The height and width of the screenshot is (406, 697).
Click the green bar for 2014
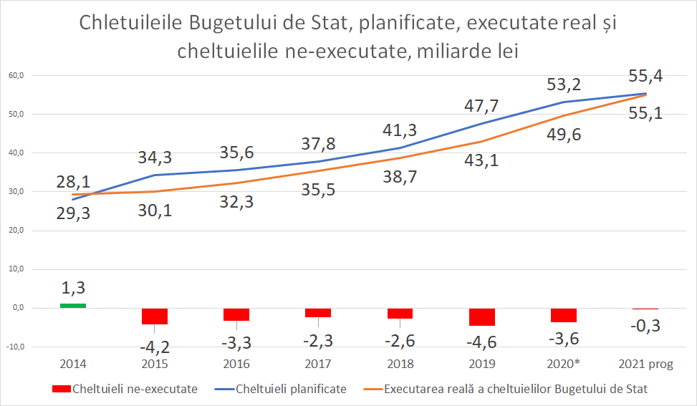pyautogui.click(x=73, y=306)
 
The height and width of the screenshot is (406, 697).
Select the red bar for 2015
pyautogui.click(x=155, y=316)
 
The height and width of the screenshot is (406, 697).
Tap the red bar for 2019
pyautogui.click(x=482, y=316)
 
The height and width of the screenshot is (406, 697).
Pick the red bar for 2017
pyautogui.click(x=318, y=312)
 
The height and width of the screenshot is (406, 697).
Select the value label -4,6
pyautogui.click(x=482, y=342)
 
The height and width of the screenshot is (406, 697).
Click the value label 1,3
pyautogui.click(x=73, y=288)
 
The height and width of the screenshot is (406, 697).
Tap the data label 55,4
pyautogui.click(x=645, y=76)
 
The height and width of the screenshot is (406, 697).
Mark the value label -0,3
pyautogui.click(x=645, y=327)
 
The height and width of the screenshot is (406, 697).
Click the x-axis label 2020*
pyautogui.click(x=564, y=364)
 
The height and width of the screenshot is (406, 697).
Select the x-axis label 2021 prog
pyautogui.click(x=645, y=364)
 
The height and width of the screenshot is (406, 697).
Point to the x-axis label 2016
pyautogui.click(x=236, y=364)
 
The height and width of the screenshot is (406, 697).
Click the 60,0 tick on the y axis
pyautogui.click(x=16, y=75)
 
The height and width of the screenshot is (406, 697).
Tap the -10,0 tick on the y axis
pyautogui.click(x=15, y=347)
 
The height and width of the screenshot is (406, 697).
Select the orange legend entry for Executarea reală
pyautogui.click(x=515, y=389)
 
